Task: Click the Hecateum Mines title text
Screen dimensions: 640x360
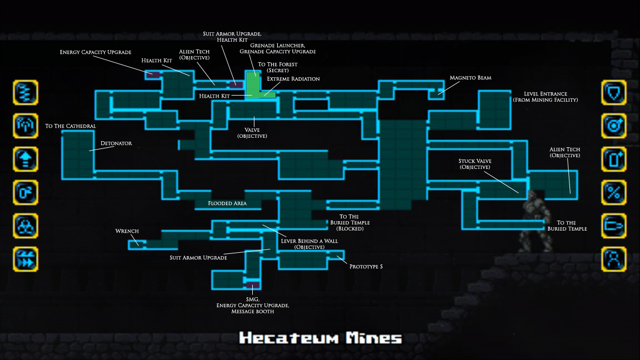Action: pos(321,338)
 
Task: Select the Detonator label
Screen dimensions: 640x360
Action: pos(116,143)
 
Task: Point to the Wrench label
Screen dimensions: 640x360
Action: pos(127,231)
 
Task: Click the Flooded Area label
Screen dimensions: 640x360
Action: pos(227,203)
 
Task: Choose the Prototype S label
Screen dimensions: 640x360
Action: pos(366,267)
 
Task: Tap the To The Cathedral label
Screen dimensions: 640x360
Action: pos(71,126)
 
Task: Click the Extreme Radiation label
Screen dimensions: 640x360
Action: pos(293,79)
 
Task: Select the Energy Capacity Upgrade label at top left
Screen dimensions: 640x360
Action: pos(96,52)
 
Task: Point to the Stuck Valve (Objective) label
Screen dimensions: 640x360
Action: pos(474,164)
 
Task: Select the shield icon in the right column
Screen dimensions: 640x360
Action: pos(614,92)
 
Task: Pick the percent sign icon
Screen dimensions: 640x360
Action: pos(614,192)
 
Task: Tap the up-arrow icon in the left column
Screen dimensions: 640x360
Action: pos(26,159)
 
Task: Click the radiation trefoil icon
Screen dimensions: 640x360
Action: pos(26,226)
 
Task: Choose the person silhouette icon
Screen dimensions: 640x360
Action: pos(614,259)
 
